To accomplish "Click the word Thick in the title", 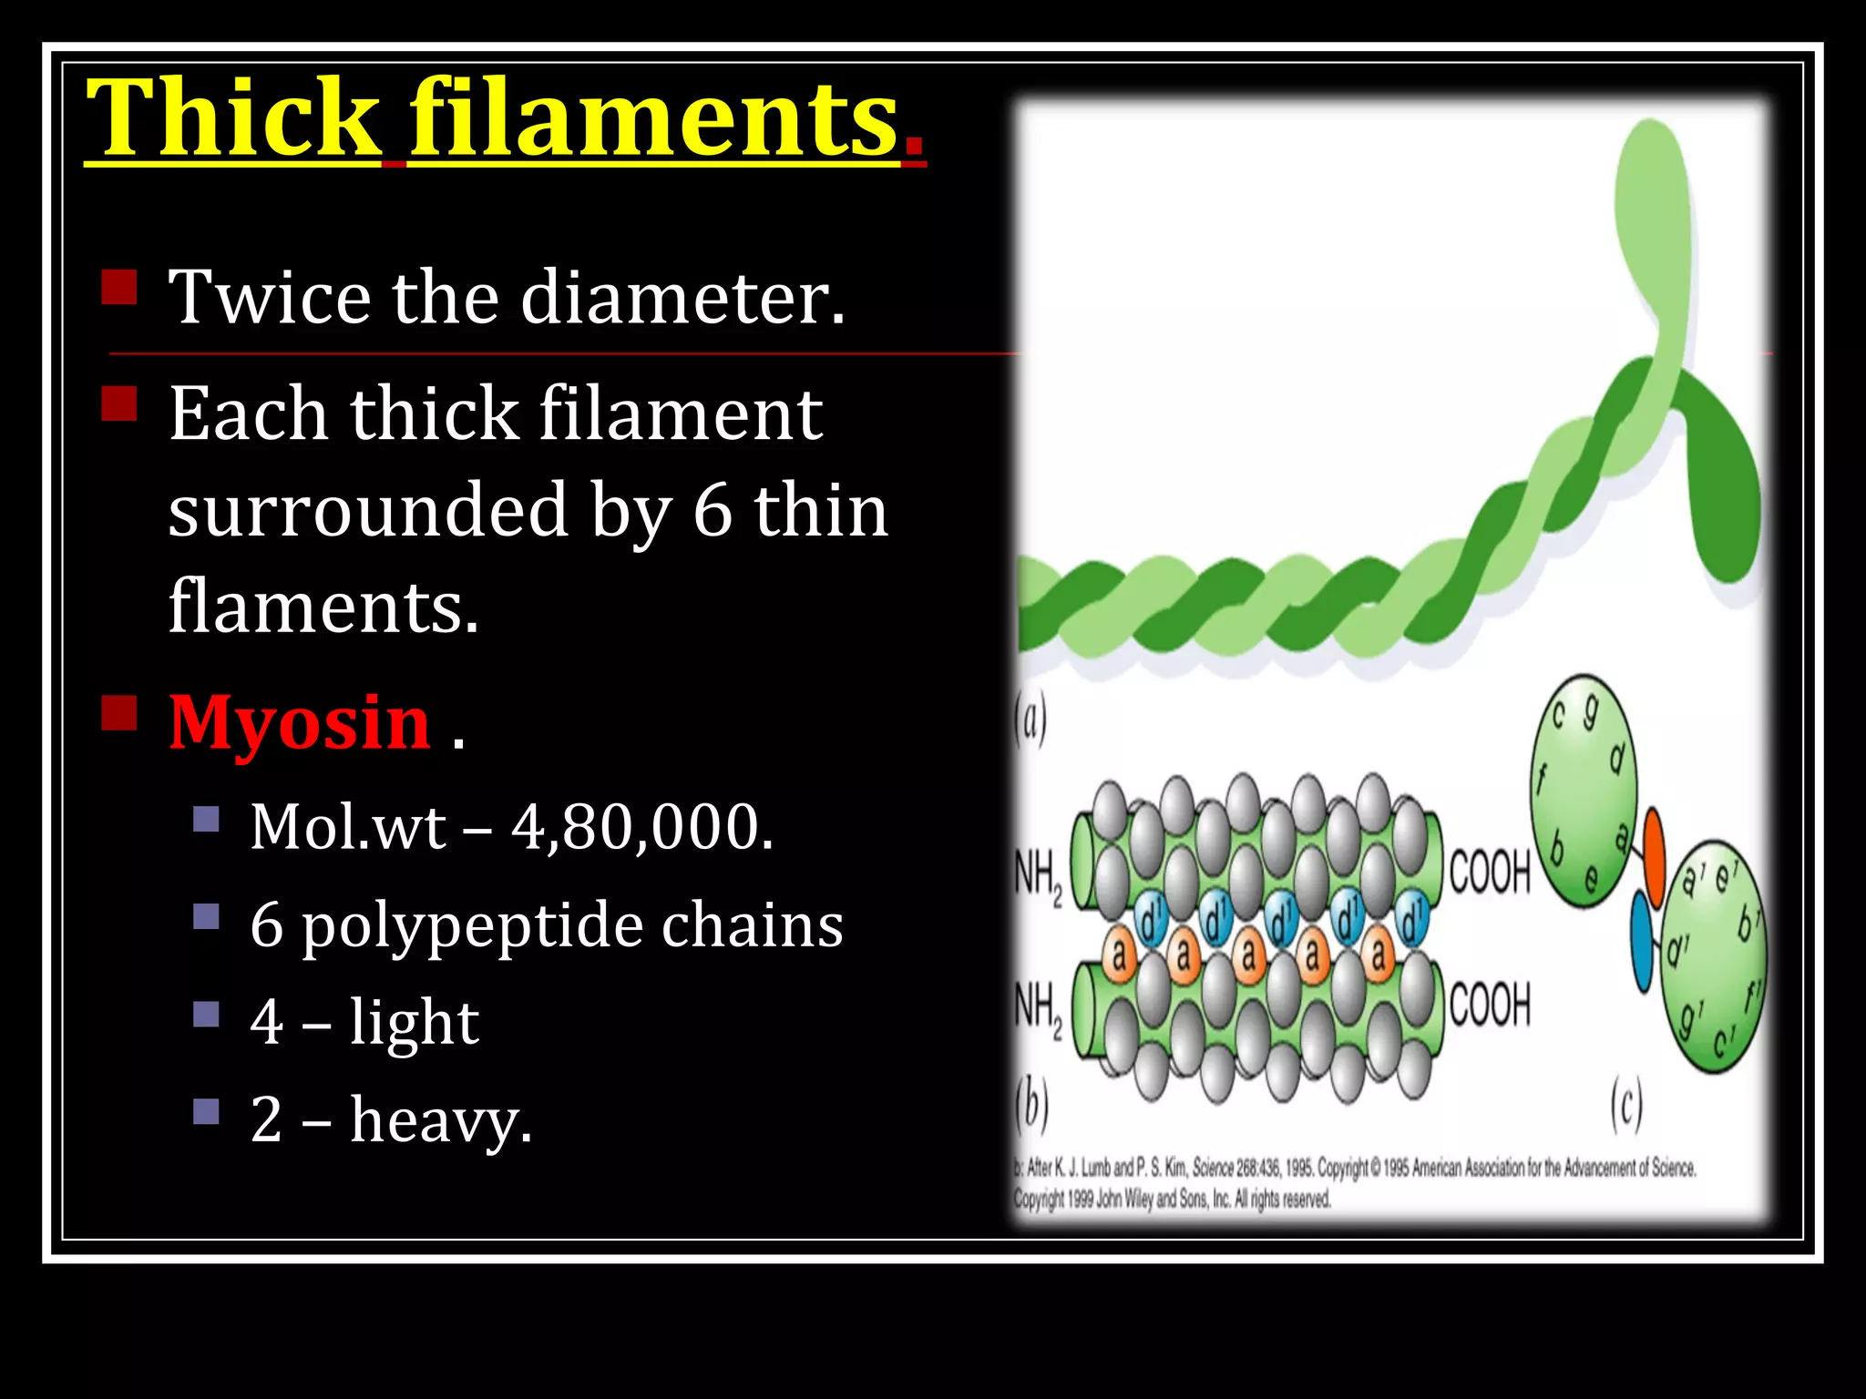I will pos(233,118).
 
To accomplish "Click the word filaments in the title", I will pos(653,118).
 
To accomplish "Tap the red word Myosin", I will pos(300,722).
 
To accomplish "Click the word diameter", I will pos(682,298).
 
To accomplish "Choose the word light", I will pos(414,1022).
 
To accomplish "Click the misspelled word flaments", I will pos(323,607).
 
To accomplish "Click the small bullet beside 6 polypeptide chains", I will pos(207,915).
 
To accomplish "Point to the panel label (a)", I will pos(1031,720).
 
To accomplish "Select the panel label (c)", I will pos(1625,1104).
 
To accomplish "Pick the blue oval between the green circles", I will pos(1642,941).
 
